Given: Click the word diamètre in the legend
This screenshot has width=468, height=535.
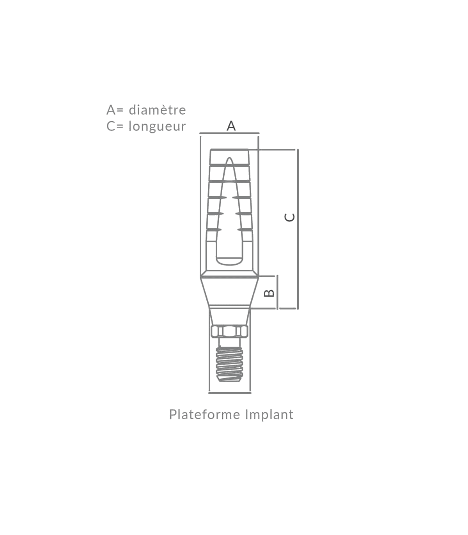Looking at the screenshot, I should [157, 110].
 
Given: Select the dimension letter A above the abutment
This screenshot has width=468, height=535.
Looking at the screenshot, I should [231, 126].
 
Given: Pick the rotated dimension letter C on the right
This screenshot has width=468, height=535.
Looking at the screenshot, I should [289, 217].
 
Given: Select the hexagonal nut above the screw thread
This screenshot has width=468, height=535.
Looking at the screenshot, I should [229, 332].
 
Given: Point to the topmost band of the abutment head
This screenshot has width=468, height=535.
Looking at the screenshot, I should [229, 157].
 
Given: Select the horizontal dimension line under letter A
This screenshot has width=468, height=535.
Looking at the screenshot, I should [229, 134].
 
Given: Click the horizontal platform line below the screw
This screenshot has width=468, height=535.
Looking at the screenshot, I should [229, 393].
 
